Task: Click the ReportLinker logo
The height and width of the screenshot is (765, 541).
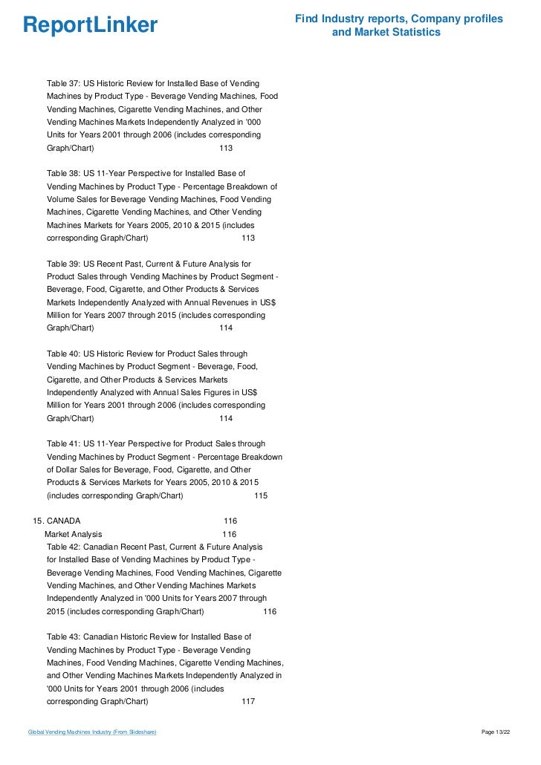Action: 91,25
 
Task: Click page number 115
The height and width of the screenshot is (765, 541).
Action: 261,495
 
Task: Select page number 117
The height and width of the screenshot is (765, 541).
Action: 249,702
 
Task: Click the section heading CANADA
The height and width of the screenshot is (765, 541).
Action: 63,521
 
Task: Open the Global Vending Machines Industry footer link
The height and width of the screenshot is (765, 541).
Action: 91,732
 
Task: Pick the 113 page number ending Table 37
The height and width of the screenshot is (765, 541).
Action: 227,149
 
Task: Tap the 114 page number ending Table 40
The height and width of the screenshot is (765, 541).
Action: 227,418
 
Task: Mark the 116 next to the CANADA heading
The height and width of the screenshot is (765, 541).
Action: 230,521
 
